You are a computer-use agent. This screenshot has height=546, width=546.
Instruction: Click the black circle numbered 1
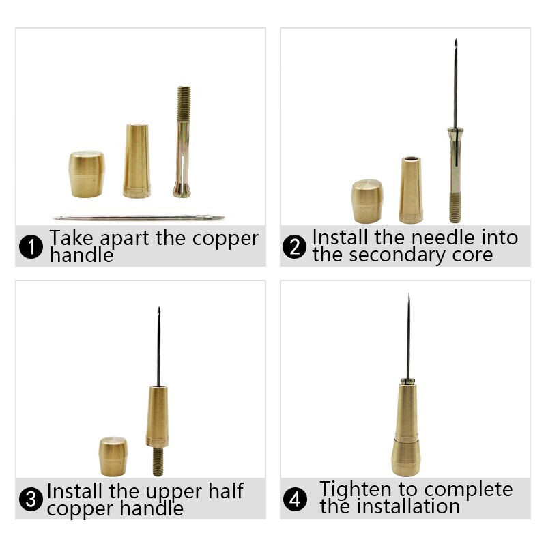pyautogui.click(x=31, y=246)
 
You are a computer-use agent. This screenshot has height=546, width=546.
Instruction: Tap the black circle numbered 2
pyautogui.click(x=295, y=246)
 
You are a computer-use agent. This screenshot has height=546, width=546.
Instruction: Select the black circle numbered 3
pyautogui.click(x=31, y=499)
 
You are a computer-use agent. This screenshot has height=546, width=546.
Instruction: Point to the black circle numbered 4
pyautogui.click(x=295, y=499)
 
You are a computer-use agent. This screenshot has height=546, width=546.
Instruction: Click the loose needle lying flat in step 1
pyautogui.click(x=139, y=218)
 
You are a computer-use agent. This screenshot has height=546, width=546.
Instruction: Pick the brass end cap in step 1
pyautogui.click(x=87, y=174)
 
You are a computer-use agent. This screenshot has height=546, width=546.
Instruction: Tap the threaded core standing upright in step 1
pyautogui.click(x=183, y=142)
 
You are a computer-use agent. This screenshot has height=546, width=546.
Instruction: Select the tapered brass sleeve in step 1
pyautogui.click(x=137, y=160)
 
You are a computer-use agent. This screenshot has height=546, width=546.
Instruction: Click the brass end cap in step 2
pyautogui.click(x=367, y=201)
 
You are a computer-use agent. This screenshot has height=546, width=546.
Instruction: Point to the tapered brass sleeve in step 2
pyautogui.click(x=411, y=190)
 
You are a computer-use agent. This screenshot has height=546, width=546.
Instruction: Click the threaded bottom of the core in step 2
pyautogui.click(x=455, y=208)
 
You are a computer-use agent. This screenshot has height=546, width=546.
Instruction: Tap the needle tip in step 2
pyautogui.click(x=455, y=40)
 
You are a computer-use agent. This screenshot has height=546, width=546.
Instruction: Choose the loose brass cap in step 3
pyautogui.click(x=113, y=457)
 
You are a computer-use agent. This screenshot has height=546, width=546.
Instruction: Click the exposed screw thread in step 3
pyautogui.click(x=158, y=462)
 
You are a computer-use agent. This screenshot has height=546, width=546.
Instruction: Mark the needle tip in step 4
pyautogui.click(x=408, y=294)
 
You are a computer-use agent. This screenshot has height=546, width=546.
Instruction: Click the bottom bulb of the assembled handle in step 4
pyautogui.click(x=405, y=457)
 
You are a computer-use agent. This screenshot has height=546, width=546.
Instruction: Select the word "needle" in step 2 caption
pyautogui.click(x=442, y=238)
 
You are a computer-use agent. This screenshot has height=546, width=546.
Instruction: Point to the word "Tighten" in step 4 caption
pyautogui.click(x=356, y=489)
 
